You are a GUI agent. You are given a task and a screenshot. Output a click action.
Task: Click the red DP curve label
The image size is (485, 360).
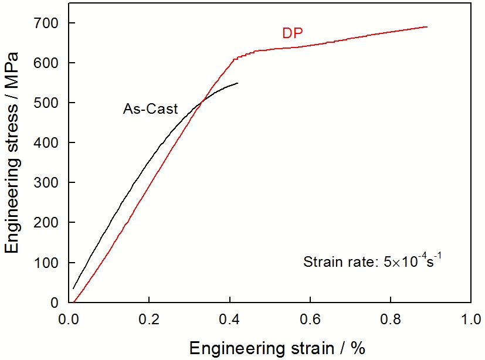point(292,33)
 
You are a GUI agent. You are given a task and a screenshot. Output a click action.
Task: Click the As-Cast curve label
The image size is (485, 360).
point(150,108)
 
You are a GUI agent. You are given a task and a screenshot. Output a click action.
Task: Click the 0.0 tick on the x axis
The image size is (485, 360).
point(69,320)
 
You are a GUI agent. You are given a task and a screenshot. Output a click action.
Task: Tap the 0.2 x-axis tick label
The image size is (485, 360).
point(150,320)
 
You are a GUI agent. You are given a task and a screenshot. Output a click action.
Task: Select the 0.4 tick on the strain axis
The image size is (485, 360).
point(230,320)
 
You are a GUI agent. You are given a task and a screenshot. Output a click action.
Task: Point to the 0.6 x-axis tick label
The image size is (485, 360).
point(310,320)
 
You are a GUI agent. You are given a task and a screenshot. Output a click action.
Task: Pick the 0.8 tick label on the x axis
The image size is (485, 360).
point(391,320)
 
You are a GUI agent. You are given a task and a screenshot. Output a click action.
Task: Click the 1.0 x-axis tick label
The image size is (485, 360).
point(470,320)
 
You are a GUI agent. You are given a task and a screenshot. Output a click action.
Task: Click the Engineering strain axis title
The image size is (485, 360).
point(277,348)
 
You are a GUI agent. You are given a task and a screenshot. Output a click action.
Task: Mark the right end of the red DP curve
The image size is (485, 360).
point(427,27)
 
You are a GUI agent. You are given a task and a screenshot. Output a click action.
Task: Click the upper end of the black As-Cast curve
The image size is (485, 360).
point(238,83)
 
